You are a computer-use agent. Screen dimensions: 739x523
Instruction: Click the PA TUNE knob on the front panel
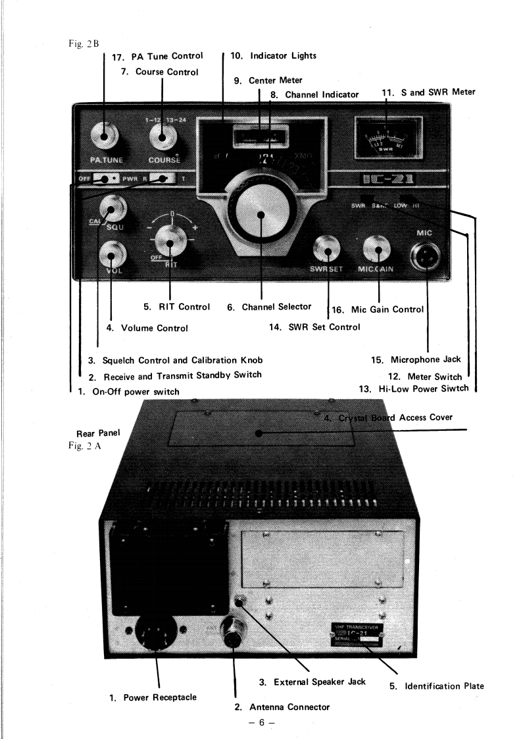pyautogui.click(x=105, y=136)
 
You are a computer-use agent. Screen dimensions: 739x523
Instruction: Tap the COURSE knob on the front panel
pyautogui.click(x=159, y=136)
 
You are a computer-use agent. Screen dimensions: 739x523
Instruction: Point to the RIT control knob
pyautogui.click(x=170, y=244)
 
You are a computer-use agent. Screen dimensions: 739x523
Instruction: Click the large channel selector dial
pyautogui.click(x=261, y=215)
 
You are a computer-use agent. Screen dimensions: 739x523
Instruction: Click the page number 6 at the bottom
pyautogui.click(x=261, y=723)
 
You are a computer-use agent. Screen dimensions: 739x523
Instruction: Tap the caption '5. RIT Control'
pyautogui.click(x=177, y=306)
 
